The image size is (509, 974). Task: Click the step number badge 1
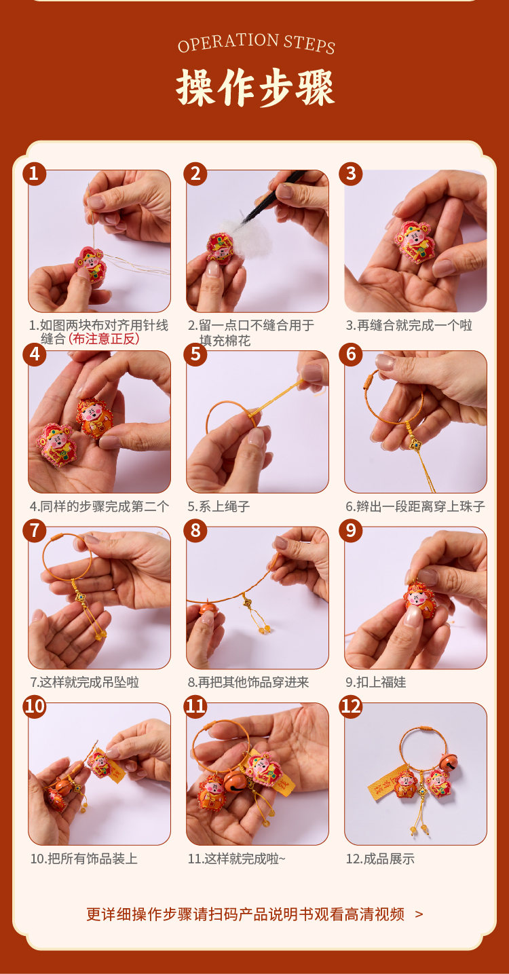tap(35, 174)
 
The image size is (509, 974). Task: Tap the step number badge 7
tap(35, 531)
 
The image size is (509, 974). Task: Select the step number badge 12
tap(351, 706)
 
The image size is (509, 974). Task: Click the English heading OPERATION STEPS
tap(257, 43)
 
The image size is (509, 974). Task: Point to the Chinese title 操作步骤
tap(256, 88)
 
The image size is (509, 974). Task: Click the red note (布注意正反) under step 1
tap(104, 339)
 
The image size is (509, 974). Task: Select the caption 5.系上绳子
tap(219, 506)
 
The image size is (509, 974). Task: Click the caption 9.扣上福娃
tap(376, 682)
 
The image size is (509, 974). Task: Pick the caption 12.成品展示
tap(380, 859)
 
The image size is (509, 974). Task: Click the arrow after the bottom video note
tap(419, 914)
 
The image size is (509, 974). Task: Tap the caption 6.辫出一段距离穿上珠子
tap(415, 506)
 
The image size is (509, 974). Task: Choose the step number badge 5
tap(195, 354)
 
